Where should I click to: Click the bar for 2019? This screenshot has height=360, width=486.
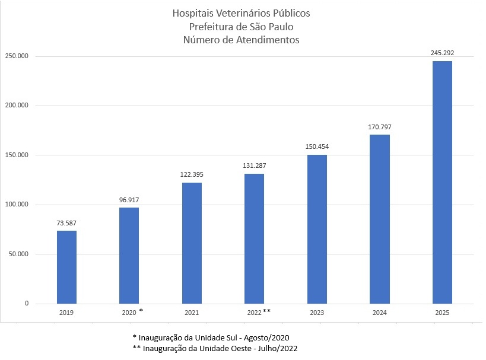click(x=66, y=267)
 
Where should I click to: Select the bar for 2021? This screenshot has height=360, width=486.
click(x=192, y=243)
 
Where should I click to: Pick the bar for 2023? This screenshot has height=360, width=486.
click(x=317, y=229)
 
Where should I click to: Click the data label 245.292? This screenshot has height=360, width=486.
click(x=442, y=52)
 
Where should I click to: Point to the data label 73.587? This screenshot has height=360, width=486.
click(x=66, y=223)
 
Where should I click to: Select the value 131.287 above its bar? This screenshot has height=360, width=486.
click(x=254, y=165)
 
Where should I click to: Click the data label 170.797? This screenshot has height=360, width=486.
click(x=379, y=127)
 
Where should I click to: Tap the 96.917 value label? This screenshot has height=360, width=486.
click(x=129, y=199)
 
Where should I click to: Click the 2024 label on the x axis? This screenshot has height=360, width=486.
click(x=379, y=312)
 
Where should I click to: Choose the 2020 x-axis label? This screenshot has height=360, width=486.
click(x=129, y=312)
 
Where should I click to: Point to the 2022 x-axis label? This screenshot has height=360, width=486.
click(x=253, y=312)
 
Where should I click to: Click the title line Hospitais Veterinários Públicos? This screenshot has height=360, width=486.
click(x=241, y=13)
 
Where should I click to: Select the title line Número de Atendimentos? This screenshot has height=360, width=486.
click(x=241, y=40)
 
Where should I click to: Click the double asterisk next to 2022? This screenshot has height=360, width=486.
click(x=266, y=311)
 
